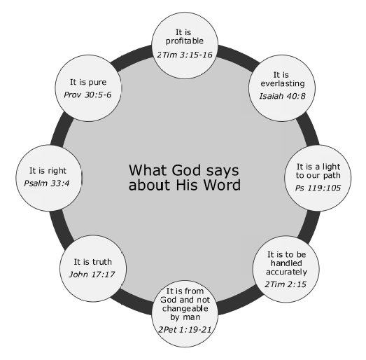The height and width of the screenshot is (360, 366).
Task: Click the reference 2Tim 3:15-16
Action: tap(185, 55)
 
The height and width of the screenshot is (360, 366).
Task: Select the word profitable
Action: tap(185, 41)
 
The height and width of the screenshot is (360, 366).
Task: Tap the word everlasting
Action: tap(283, 83)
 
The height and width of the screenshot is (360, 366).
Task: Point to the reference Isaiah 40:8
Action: tap(282, 96)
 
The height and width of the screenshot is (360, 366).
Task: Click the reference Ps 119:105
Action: tap(318, 188)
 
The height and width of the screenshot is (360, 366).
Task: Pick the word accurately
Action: tap(286, 272)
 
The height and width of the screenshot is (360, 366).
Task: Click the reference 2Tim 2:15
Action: tap(286, 284)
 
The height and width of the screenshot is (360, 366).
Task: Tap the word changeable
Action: tap(185, 309)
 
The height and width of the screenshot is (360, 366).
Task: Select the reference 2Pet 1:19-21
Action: tap(185, 330)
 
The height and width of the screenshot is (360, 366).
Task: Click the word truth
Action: tap(102, 262)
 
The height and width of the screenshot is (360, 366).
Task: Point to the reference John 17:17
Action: tap(92, 275)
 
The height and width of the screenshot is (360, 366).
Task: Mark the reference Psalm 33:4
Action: tap(47, 184)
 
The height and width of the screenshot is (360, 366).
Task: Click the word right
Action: tap(57, 171)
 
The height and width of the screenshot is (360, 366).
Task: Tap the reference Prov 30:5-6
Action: tap(87, 95)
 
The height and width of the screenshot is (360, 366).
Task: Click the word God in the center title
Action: tap(186, 170)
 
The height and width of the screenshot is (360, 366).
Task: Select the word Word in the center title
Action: tap(222, 185)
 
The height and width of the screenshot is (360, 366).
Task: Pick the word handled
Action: tap(286, 263)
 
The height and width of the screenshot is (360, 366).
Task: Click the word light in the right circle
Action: tap(331, 167)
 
